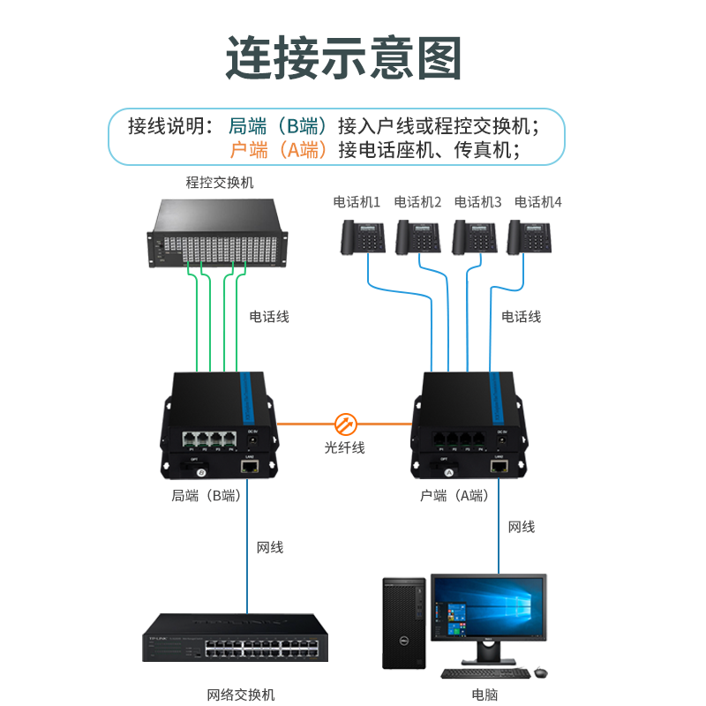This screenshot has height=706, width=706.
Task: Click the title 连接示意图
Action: [344, 57]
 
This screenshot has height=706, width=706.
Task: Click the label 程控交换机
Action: [220, 183]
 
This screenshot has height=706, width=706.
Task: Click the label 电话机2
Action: [417, 201]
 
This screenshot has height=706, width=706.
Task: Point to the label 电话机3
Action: [477, 201]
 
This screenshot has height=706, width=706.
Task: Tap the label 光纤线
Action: [344, 447]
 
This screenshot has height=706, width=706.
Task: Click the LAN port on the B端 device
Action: [250, 464]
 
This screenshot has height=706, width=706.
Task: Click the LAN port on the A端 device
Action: [499, 464]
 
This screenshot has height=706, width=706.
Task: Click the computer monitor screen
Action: [488, 609]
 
